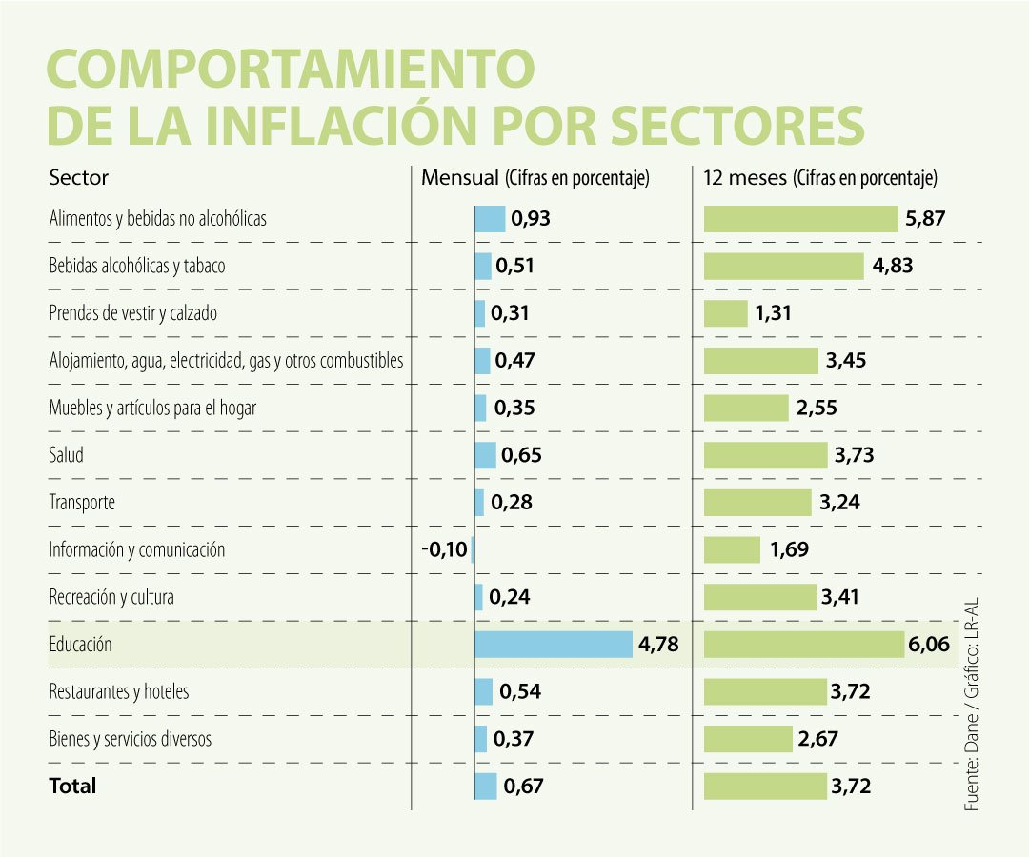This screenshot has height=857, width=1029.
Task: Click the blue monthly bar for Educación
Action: click(554, 645)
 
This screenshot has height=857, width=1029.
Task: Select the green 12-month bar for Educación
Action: click(803, 645)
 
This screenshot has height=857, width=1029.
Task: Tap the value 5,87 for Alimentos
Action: click(925, 219)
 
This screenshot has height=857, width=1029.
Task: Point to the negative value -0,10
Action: click(444, 550)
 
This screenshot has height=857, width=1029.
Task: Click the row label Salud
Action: click(67, 455)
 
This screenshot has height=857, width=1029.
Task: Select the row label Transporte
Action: click(82, 503)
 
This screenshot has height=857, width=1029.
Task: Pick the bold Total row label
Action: click(72, 787)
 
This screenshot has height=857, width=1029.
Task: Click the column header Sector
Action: click(78, 177)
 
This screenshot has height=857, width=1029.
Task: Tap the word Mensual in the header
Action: click(461, 177)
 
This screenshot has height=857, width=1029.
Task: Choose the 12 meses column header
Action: click(745, 177)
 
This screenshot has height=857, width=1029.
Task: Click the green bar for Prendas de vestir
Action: click(726, 313)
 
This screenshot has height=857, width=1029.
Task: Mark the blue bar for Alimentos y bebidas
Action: click(490, 219)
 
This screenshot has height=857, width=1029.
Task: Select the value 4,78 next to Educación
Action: click(658, 645)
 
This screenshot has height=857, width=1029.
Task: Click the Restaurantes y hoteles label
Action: click(119, 691)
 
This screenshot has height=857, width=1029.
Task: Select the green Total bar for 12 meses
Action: click(765, 787)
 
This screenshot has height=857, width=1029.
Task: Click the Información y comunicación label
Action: click(137, 550)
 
